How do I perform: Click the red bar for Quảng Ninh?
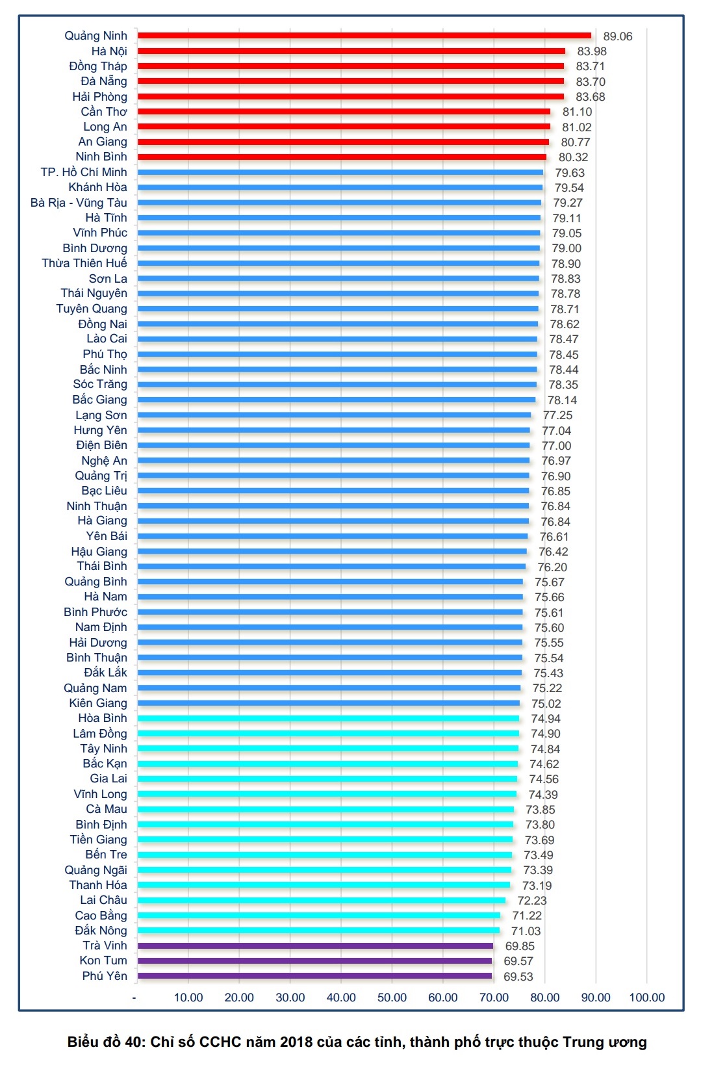tap(364, 36)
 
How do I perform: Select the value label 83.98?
tap(591, 51)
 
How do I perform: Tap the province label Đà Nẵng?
tap(104, 81)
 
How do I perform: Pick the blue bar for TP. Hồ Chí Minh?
tap(340, 172)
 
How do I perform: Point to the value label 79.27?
tap(568, 203)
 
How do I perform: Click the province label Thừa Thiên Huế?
tap(84, 263)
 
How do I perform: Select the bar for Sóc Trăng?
tap(337, 385)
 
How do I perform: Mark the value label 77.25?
tap(557, 415)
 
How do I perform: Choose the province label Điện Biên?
tap(101, 445)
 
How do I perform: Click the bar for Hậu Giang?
tap(332, 552)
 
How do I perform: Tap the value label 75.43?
tap(548, 673)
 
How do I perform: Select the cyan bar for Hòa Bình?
tap(328, 719)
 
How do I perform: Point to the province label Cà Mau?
tap(107, 809)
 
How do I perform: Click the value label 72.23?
tap(532, 901)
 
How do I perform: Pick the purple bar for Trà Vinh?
tap(315, 946)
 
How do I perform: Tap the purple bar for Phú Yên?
tap(314, 976)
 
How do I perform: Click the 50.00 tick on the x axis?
tap(392, 998)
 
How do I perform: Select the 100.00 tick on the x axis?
tap(646, 998)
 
